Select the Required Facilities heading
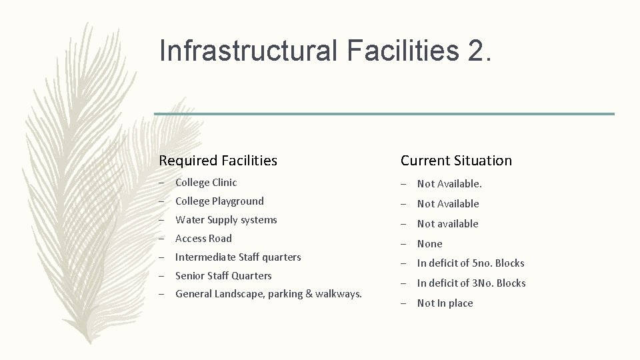(x=218, y=161)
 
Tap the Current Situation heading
(x=456, y=161)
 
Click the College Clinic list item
(x=206, y=182)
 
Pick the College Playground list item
(x=219, y=201)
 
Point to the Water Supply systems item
(x=226, y=219)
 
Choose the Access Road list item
(x=203, y=238)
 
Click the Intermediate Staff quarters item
(x=238, y=257)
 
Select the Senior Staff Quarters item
(x=223, y=275)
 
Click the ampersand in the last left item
(x=308, y=294)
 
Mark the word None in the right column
(x=429, y=244)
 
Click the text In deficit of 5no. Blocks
(x=471, y=263)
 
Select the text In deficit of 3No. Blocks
(x=471, y=283)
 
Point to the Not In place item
(x=445, y=303)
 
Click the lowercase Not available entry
(x=447, y=224)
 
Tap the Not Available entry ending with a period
(x=449, y=184)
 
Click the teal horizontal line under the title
(x=384, y=114)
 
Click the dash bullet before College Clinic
(x=161, y=183)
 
